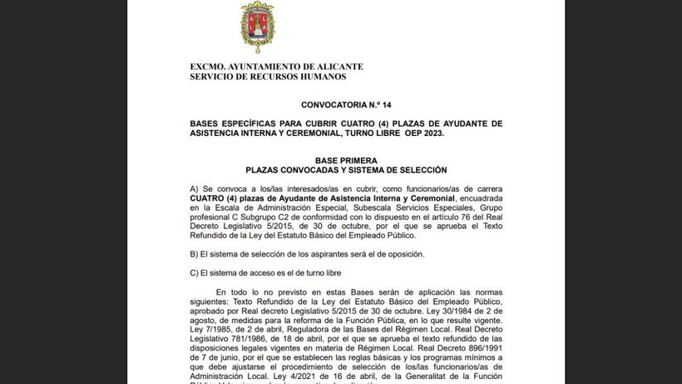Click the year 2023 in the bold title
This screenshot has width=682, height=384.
coord(431,133)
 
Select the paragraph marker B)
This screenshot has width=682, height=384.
coord(195,253)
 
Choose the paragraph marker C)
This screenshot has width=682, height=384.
coord(195,273)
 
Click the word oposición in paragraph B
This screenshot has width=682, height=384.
coord(403,253)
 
